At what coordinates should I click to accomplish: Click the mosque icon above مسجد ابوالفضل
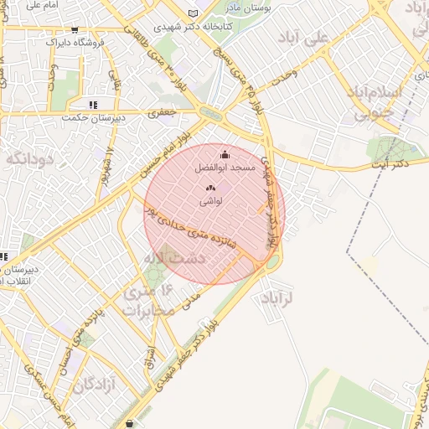pos(225,155)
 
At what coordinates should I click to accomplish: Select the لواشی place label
pos(210,202)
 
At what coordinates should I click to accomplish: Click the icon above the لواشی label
pos(210,189)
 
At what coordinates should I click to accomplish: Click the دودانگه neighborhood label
pos(30,157)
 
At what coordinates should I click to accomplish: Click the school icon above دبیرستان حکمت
pos(92,105)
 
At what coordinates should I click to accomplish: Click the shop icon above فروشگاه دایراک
pos(75,28)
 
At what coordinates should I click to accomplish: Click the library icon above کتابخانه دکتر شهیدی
pos(194,13)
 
